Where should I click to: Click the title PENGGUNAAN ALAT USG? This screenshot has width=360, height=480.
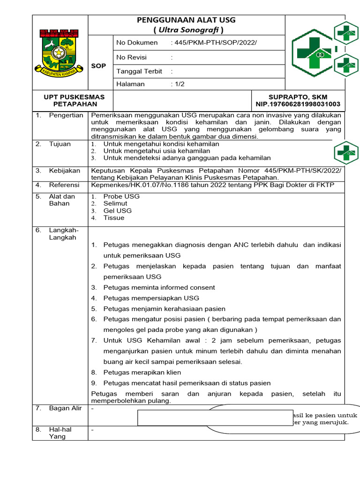coord(186,20)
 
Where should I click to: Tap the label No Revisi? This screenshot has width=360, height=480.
coord(131,57)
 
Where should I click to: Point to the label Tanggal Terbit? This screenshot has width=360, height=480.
coord(139,71)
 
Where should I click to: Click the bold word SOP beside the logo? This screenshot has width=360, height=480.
coord(98,66)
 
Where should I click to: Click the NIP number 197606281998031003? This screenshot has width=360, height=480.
coord(298,104)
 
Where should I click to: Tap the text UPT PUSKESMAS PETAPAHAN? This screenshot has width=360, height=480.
coord(74,100)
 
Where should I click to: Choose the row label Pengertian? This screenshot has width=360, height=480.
coord(66,115)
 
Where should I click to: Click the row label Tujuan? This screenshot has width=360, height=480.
coord(60,144)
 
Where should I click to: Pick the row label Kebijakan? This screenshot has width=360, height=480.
coord(65,171)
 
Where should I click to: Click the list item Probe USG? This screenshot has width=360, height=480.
coord(121,196)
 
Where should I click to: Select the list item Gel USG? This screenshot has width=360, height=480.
coord(117,210)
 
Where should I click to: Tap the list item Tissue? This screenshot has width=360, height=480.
coord(114,217)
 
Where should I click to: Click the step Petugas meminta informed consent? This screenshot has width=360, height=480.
coord(159,287)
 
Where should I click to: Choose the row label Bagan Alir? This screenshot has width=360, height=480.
coord(66,408)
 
